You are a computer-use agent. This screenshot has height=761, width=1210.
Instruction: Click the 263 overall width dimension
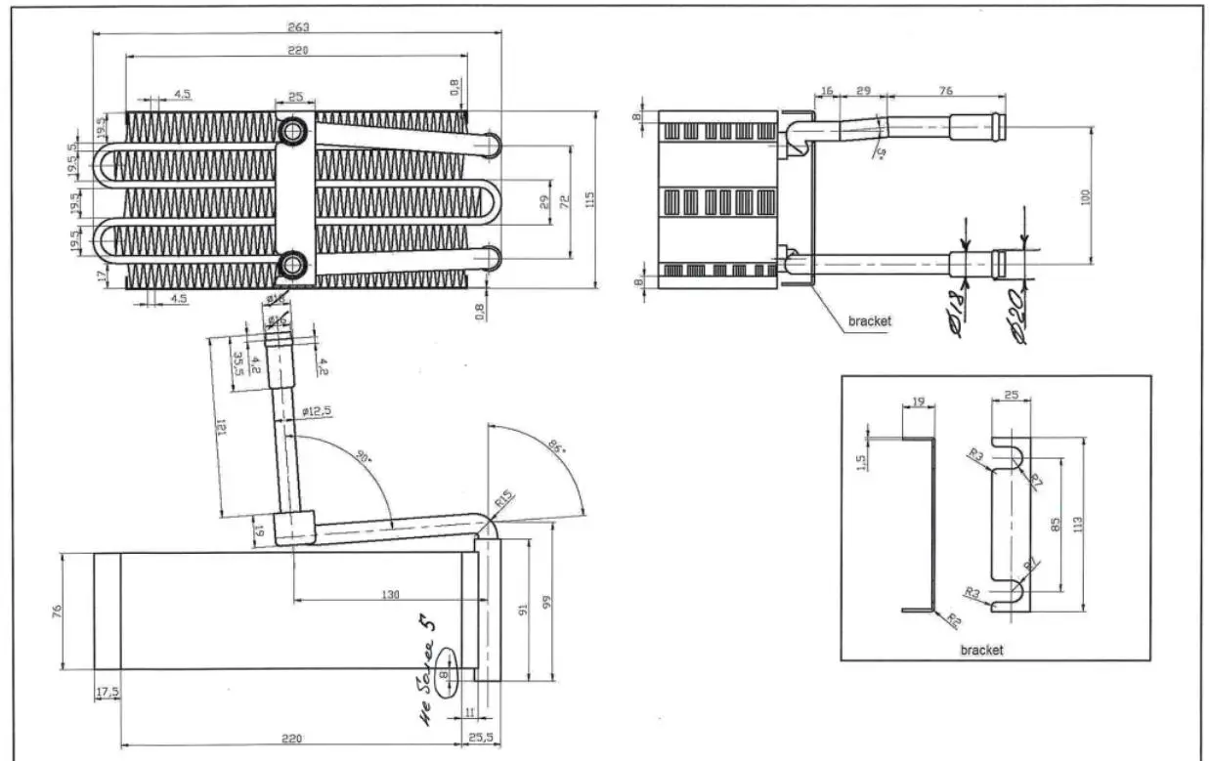click(x=297, y=25)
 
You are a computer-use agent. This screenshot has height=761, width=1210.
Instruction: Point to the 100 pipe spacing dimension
click(x=1085, y=196)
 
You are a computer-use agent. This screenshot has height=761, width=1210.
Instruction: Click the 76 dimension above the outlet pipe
click(x=945, y=90)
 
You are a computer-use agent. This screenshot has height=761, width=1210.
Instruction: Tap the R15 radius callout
click(x=504, y=500)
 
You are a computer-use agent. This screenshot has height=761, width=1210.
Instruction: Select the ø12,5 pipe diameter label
click(x=317, y=411)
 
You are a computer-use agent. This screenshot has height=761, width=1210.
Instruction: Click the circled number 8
click(x=445, y=673)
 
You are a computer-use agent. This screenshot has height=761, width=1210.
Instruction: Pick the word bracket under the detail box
click(x=981, y=650)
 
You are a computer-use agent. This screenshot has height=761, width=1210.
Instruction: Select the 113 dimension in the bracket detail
click(x=1078, y=525)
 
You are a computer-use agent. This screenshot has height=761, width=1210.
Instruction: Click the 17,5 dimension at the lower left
click(x=107, y=693)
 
